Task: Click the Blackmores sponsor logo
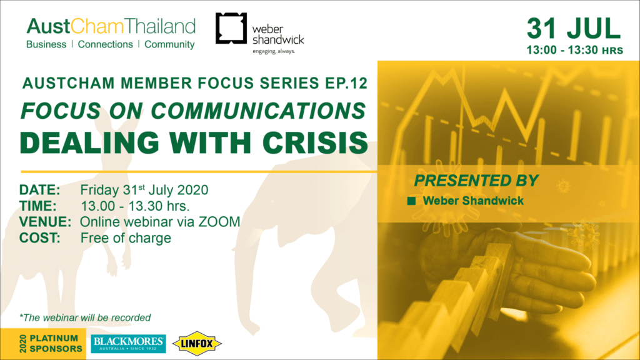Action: pyautogui.click(x=128, y=344)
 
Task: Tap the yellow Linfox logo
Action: pyautogui.click(x=197, y=344)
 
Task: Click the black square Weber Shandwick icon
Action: pyautogui.click(x=231, y=28)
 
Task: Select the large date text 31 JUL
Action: pyautogui.click(x=574, y=29)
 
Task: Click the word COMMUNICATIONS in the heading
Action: pyautogui.click(x=258, y=111)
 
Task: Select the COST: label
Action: pyautogui.click(x=39, y=238)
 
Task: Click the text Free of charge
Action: pyautogui.click(x=126, y=238)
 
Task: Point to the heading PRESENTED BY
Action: pyautogui.click(x=476, y=181)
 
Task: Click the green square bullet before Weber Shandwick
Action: pyautogui.click(x=411, y=201)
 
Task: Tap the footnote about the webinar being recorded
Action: pyautogui.click(x=85, y=317)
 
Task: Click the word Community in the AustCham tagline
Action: pyautogui.click(x=169, y=44)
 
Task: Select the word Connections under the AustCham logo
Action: pyautogui.click(x=105, y=44)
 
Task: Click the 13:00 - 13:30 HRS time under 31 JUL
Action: pyautogui.click(x=575, y=50)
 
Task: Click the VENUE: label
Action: pyautogui.click(x=45, y=222)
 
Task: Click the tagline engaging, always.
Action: pyautogui.click(x=274, y=51)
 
